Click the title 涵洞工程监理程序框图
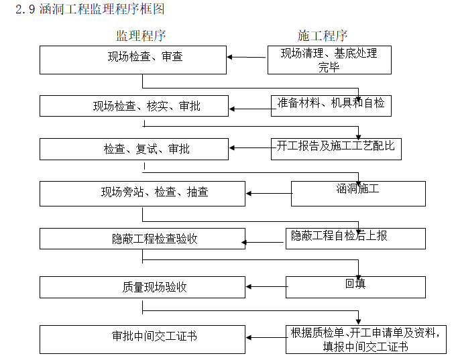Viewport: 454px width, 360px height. pyautogui.click(x=89, y=9)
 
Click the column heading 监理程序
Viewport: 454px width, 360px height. pyautogui.click(x=141, y=36)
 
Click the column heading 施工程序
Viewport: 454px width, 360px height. pyautogui.click(x=323, y=36)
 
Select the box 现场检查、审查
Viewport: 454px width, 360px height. pyautogui.click(x=133, y=59)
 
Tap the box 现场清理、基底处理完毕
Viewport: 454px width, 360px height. pyautogui.click(x=328, y=60)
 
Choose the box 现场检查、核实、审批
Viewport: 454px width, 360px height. pyautogui.click(x=133, y=106)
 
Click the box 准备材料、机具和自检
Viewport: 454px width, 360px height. pyautogui.click(x=330, y=105)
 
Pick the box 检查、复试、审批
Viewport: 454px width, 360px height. pyautogui.click(x=133, y=149)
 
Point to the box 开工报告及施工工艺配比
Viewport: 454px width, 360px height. pyautogui.click(x=335, y=148)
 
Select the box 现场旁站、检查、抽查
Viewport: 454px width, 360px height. pyautogui.click(x=141, y=193)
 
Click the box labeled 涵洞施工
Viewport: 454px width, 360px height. pyautogui.click(x=357, y=193)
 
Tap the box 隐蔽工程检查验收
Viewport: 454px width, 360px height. pyautogui.click(x=141, y=239)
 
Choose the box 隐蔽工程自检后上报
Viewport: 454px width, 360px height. pyautogui.click(x=355, y=238)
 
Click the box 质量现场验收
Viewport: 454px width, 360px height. pyautogui.click(x=141, y=287)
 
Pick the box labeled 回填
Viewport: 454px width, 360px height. pyautogui.click(x=355, y=286)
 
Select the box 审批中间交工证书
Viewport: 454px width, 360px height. pyautogui.click(x=141, y=339)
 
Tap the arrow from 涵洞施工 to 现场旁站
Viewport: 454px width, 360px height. pyautogui.click(x=268, y=194)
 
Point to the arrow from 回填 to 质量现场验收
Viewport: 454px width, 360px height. pyautogui.click(x=266, y=288)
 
